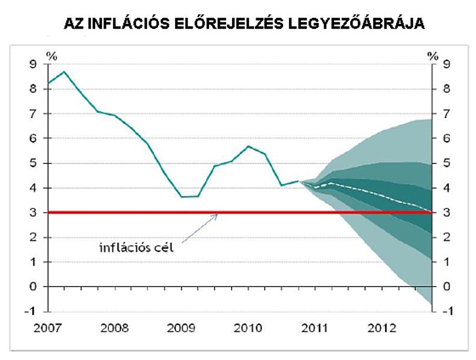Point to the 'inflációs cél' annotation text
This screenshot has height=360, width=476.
(136, 248)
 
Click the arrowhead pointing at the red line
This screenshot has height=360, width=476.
(216, 216)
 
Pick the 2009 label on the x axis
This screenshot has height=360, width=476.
(181, 328)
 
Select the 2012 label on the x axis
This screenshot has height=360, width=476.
(382, 328)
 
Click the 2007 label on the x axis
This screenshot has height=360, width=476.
(48, 328)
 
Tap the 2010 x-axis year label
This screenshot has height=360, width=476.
(248, 328)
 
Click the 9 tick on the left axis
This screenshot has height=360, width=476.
(33, 64)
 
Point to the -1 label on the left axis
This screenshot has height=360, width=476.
(31, 311)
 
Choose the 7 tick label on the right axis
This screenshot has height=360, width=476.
(446, 114)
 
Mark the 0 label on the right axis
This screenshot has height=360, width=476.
(446, 287)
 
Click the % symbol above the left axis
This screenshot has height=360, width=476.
(52, 56)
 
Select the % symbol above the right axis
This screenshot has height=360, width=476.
(433, 56)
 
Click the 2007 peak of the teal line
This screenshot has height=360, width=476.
(64, 72)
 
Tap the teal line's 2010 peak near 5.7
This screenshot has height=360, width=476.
(249, 146)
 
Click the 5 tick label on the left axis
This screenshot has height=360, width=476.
(33, 163)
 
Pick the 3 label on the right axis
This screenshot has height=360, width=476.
(446, 213)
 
